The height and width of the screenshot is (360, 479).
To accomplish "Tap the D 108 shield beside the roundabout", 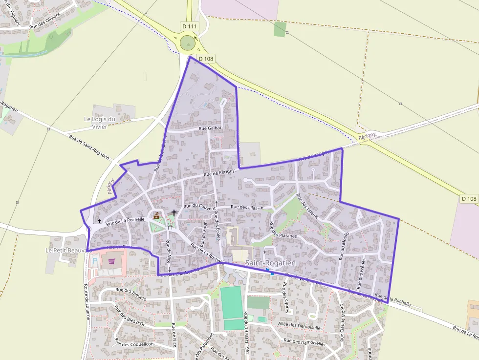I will [206, 59].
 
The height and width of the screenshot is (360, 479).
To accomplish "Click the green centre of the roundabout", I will [188, 43].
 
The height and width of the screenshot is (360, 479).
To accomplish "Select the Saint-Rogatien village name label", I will [270, 263].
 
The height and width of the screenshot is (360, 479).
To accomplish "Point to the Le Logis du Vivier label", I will [99, 123].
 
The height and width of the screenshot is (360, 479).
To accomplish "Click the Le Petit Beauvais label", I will [68, 250].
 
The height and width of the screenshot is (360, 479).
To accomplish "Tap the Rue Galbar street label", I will [211, 128].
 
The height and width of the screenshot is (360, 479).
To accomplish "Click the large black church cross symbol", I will [174, 213].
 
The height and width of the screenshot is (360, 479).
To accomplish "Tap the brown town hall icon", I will [156, 215].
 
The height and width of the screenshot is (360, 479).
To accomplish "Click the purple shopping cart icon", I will [112, 261].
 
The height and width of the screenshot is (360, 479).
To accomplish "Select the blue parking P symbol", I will [94, 261].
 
